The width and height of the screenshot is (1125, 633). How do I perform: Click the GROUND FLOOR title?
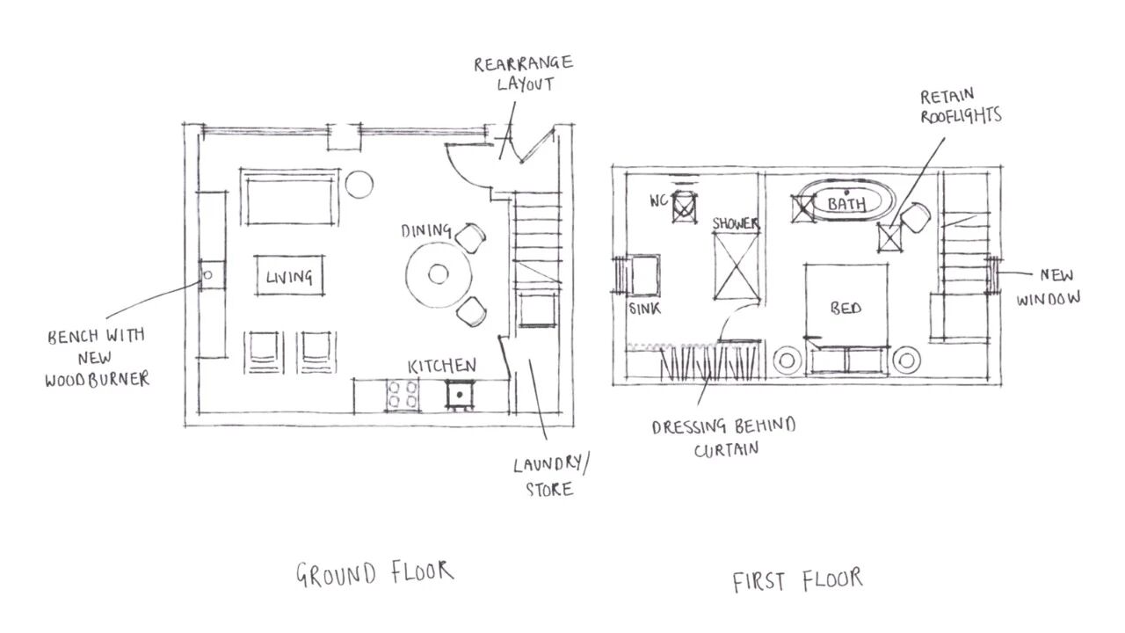(374, 573)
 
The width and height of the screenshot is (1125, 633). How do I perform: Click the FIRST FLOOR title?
(798, 580)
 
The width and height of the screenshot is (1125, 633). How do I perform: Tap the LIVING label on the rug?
(289, 278)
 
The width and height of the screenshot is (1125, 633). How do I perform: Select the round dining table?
(438, 274)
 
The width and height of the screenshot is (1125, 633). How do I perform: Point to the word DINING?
(426, 231)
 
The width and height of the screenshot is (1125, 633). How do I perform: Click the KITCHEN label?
(441, 366)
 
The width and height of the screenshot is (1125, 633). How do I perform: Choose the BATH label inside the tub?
(846, 204)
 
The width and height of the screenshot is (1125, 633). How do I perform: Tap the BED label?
(846, 309)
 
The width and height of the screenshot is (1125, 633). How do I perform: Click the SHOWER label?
(736, 224)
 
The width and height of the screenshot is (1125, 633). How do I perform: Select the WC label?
(660, 200)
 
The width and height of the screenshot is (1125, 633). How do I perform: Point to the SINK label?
(644, 309)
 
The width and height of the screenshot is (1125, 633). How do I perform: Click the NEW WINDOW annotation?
(1049, 287)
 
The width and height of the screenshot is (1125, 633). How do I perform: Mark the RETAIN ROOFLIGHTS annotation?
(960, 105)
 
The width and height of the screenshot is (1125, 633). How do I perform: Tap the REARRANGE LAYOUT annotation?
(524, 74)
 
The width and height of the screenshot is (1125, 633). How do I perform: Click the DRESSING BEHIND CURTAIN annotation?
(723, 438)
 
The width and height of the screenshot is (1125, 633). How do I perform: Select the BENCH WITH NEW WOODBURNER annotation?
(98, 357)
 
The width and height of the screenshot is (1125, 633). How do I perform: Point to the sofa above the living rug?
(289, 199)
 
